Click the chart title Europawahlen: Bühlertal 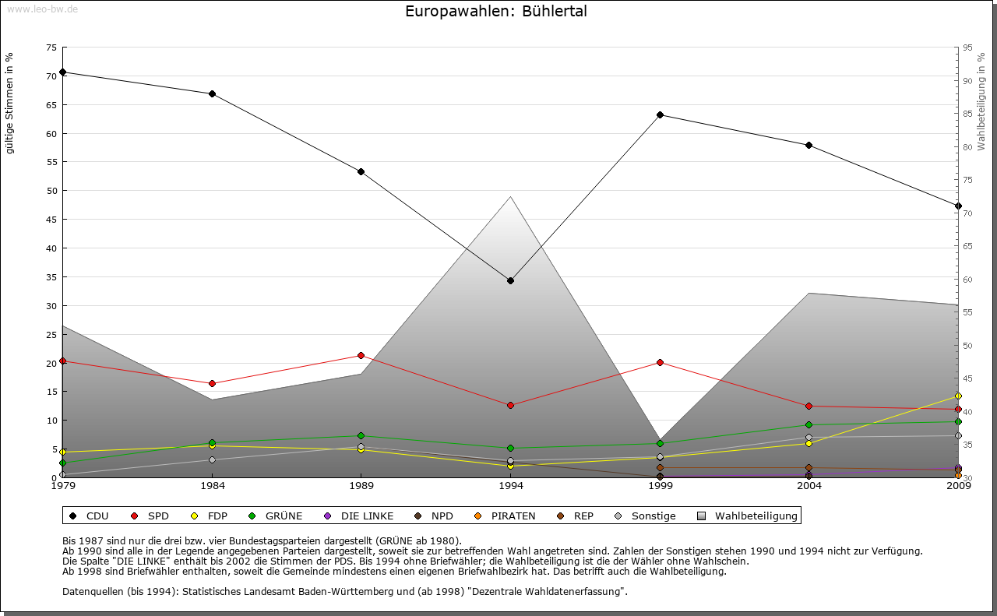496,12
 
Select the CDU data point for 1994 510,280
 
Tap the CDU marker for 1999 660,114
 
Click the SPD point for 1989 361,355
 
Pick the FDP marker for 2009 958,396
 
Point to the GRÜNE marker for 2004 809,424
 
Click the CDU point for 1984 212,93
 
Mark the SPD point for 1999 660,362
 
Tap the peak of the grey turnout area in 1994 510,196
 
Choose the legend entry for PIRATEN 506,516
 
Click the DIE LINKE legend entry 359,516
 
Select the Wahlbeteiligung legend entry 748,516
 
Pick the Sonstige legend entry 646,516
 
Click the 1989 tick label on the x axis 361,487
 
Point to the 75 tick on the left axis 51,48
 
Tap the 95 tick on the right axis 967,48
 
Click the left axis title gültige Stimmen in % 10,103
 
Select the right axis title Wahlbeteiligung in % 981,101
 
